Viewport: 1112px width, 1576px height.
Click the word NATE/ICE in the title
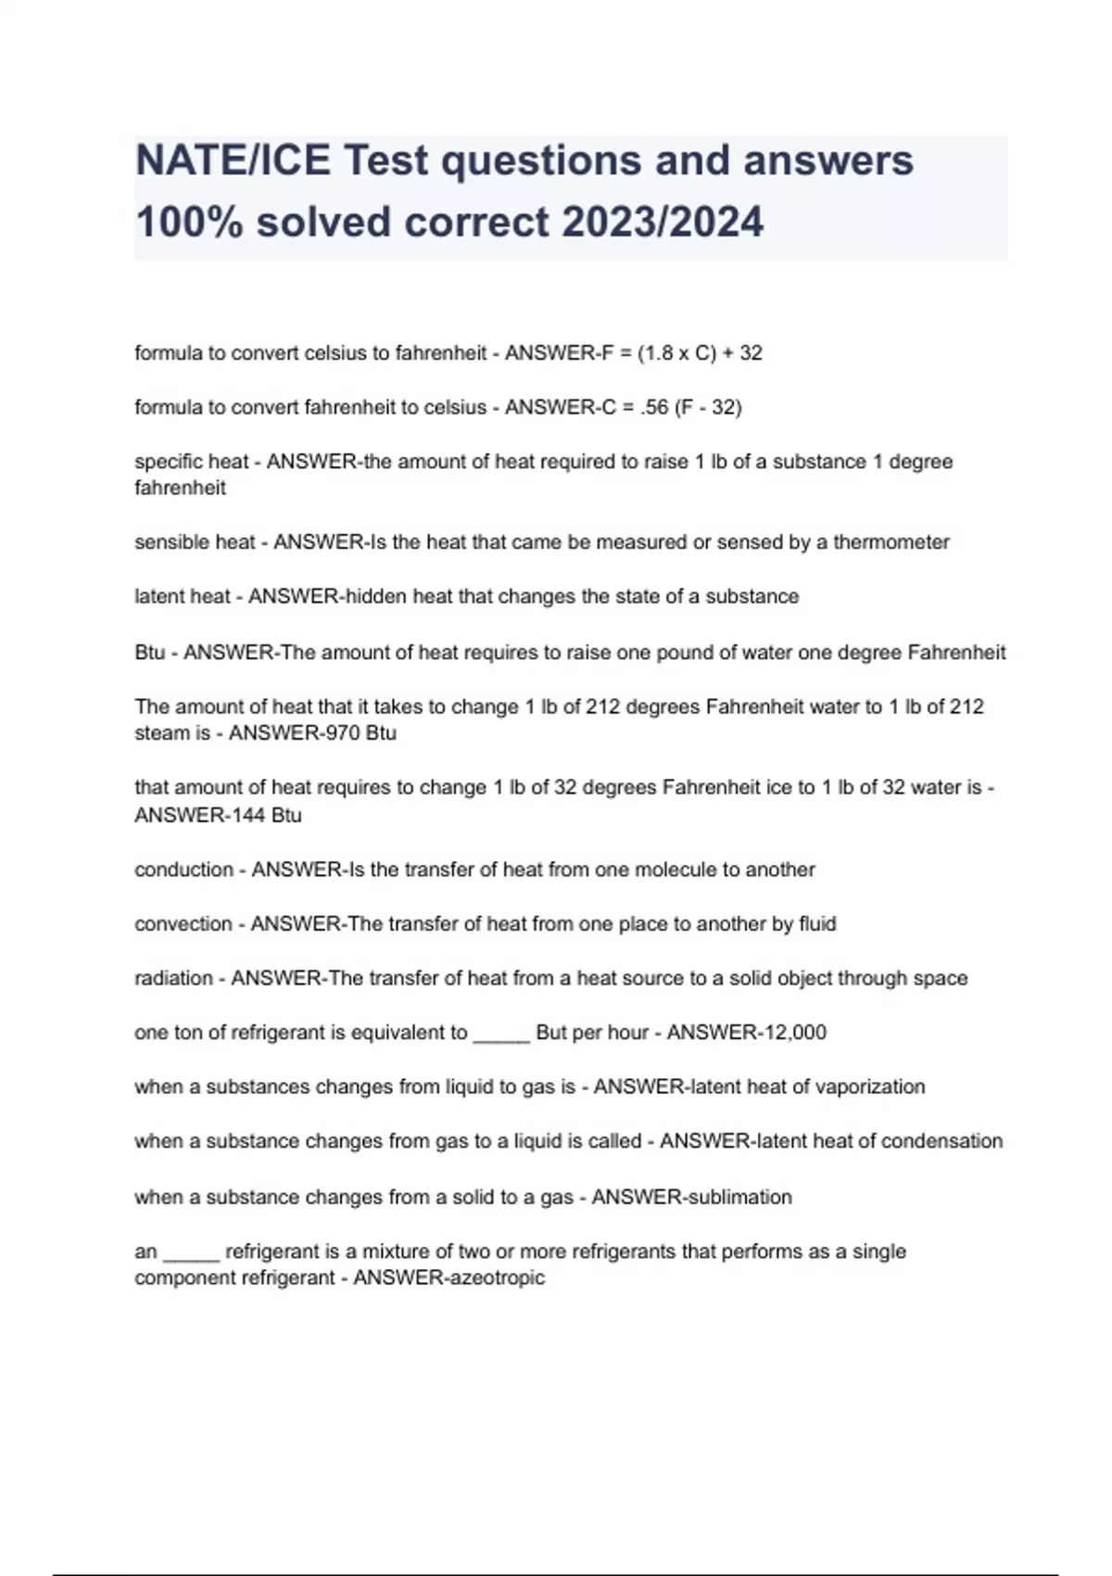[x=232, y=161]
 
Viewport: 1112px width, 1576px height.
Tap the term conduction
[x=183, y=870]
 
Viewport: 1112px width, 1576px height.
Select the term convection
[x=183, y=924]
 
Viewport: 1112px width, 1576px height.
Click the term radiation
[x=173, y=978]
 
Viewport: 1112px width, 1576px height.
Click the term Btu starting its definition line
[x=149, y=653]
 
